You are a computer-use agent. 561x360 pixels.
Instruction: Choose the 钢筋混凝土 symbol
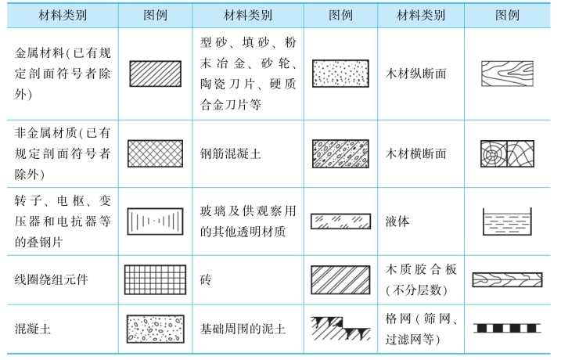(341, 154)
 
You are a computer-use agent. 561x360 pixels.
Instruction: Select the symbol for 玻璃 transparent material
(341, 221)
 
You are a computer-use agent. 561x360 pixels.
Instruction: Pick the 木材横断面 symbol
(509, 154)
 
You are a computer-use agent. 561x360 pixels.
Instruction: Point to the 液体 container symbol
(509, 221)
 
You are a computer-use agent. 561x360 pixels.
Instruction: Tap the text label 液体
(397, 221)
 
